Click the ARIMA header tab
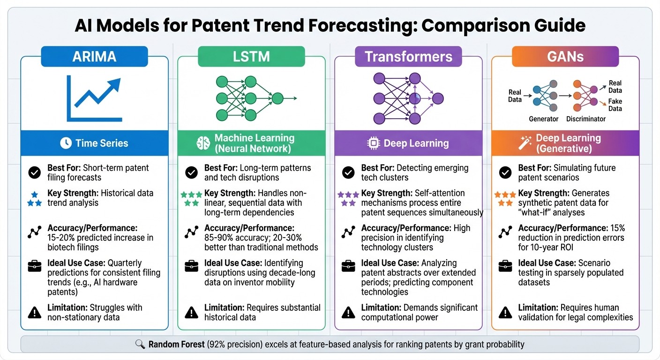click(x=94, y=57)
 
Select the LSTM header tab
click(x=251, y=57)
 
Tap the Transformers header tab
click(x=408, y=57)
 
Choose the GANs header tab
click(x=565, y=57)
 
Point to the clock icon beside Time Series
click(x=66, y=143)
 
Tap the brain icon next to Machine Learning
click(x=202, y=143)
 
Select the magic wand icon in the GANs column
click(x=525, y=143)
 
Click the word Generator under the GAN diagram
click(x=543, y=119)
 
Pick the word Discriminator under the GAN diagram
click(x=586, y=119)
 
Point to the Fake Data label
click(x=615, y=105)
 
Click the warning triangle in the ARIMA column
click(x=35, y=312)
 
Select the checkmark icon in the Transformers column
click(x=348, y=172)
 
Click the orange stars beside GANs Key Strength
click(x=505, y=198)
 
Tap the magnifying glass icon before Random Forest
click(x=140, y=345)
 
